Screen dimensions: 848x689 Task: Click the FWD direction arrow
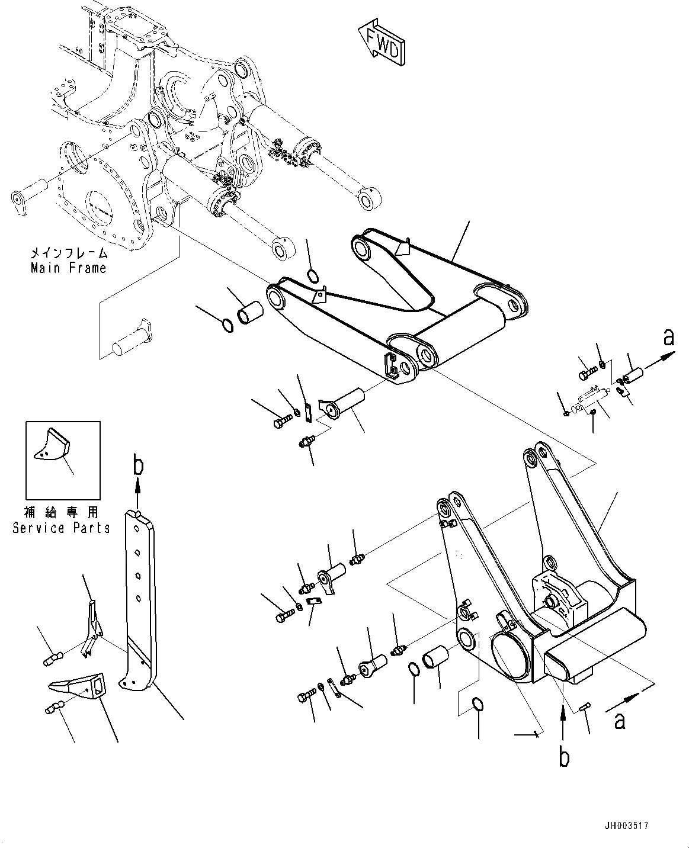(x=382, y=40)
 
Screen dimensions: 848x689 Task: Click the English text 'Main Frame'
(x=69, y=268)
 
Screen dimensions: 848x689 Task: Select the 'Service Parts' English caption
(x=62, y=528)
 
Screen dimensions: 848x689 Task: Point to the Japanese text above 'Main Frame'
(x=69, y=253)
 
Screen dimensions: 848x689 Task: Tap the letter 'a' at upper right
(x=668, y=338)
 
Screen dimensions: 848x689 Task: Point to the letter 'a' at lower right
(x=620, y=721)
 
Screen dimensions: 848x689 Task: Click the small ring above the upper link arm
(x=313, y=274)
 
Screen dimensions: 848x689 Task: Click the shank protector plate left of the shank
(x=91, y=628)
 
